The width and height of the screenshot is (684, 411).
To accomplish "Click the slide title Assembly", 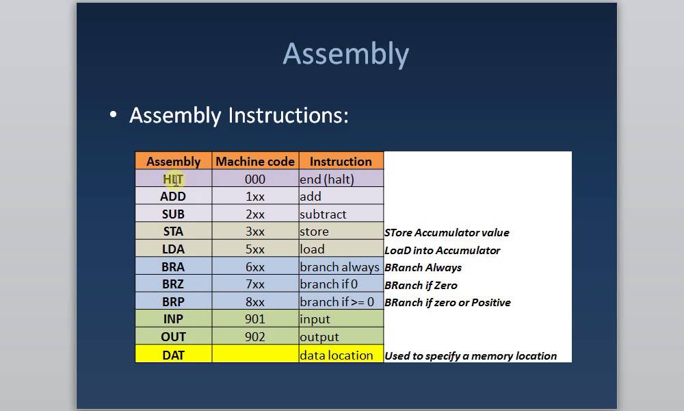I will (x=345, y=54).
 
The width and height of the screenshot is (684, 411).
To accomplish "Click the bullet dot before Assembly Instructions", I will (x=114, y=115).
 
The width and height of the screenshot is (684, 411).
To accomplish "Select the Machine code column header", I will (x=255, y=162).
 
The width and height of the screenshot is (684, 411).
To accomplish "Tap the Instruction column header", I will (x=341, y=162).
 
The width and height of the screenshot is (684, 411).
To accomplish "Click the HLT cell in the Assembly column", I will (x=173, y=179).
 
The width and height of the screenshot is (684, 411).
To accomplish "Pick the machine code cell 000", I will (x=254, y=179).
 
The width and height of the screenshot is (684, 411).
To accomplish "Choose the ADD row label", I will (x=173, y=197).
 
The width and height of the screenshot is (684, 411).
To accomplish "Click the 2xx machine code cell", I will (x=254, y=214).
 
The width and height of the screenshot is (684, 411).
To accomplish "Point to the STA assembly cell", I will (x=173, y=232).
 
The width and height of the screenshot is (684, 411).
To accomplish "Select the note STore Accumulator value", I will (x=447, y=233).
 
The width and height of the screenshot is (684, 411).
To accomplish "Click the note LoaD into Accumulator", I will (x=442, y=251).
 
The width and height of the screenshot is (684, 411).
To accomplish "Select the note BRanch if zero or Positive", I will (x=447, y=303).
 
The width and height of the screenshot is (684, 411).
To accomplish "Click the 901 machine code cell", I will (x=254, y=320).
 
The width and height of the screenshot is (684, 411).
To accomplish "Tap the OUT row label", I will (x=173, y=337).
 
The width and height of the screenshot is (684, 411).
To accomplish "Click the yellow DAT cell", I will (x=173, y=355).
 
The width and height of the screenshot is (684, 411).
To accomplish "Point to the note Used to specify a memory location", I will (x=471, y=356).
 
